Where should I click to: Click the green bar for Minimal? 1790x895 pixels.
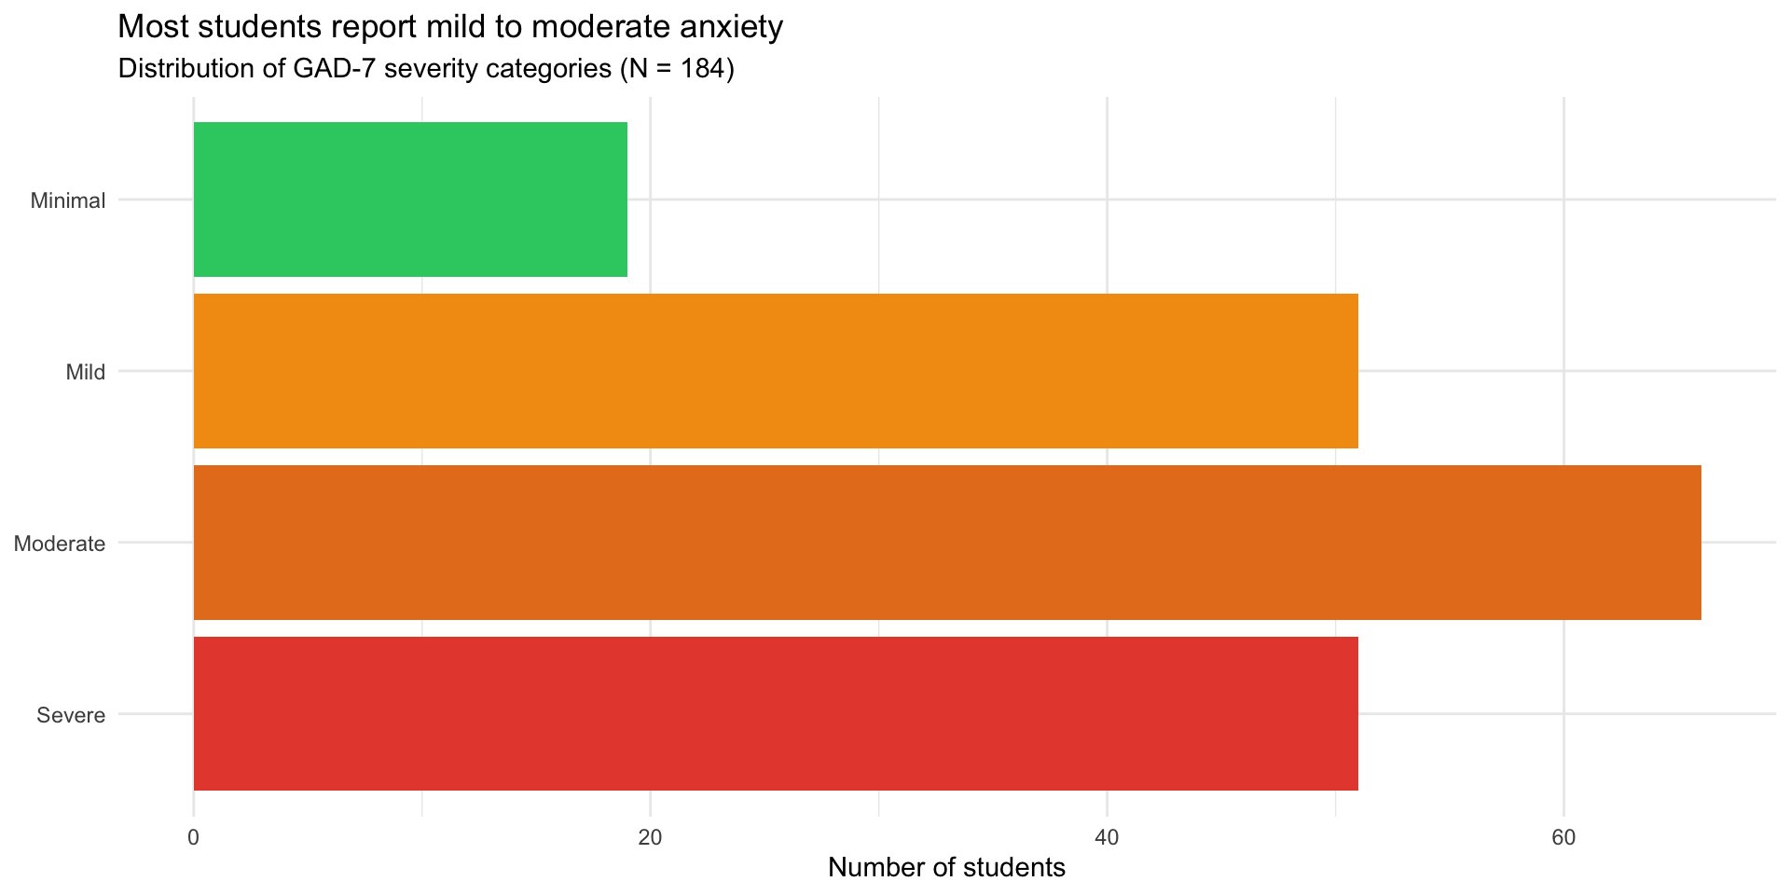point(410,200)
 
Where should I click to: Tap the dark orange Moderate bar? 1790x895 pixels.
point(947,543)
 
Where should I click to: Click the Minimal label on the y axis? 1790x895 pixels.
point(68,200)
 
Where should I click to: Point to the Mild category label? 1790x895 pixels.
point(85,372)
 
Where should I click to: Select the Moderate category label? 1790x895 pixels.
point(60,544)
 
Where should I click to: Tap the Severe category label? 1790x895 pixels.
point(72,715)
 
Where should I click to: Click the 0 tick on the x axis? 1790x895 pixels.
point(194,837)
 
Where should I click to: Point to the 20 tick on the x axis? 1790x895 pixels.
point(650,837)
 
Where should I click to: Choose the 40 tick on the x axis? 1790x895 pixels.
point(1107,837)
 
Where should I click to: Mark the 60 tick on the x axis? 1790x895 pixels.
point(1563,837)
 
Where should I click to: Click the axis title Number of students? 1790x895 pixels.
point(946,868)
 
